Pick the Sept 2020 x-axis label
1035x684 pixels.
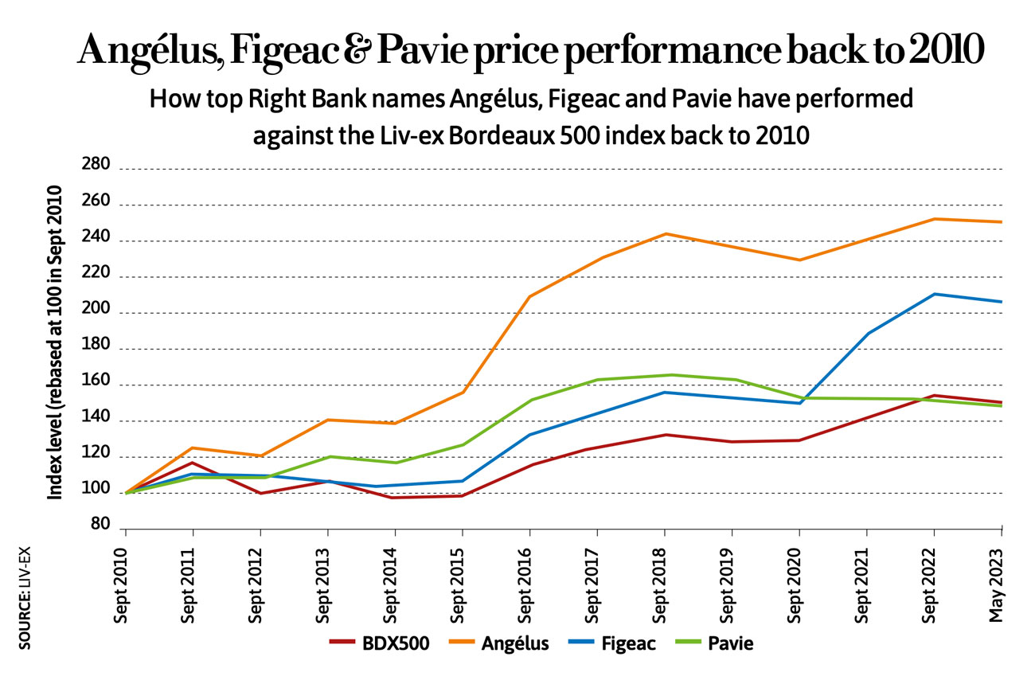click(799, 579)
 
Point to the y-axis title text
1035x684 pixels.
click(55, 343)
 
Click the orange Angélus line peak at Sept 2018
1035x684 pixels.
click(664, 234)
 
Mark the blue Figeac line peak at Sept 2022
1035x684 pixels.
click(933, 294)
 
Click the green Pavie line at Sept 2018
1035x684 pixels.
click(664, 375)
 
